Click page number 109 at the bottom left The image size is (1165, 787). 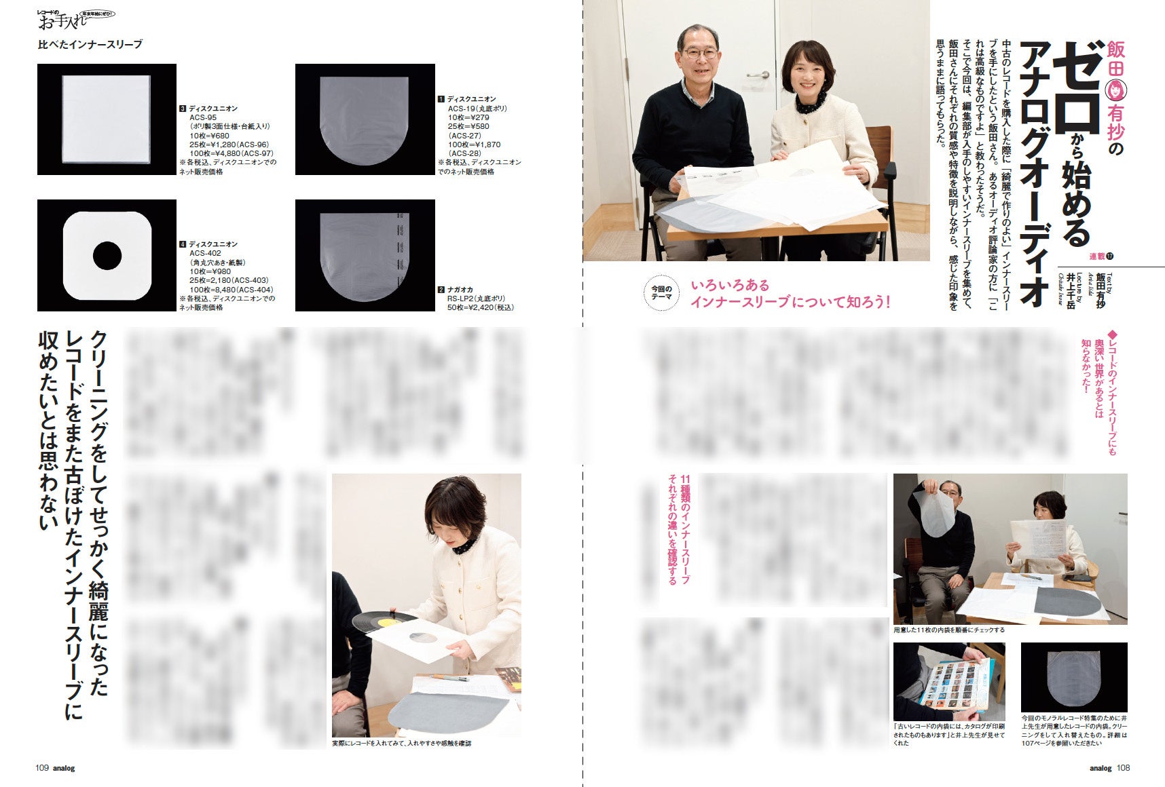coord(42,768)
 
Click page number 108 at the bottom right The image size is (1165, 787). coord(1124,768)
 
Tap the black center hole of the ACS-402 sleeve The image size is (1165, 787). coord(107,256)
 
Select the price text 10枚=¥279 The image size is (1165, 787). coord(468,117)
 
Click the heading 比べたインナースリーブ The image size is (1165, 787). coord(90,44)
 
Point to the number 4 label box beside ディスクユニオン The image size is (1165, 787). coord(183,244)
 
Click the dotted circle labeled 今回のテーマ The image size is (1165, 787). coord(661,293)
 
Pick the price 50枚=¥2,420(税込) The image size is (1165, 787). coord(480,307)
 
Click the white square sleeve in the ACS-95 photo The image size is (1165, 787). coord(107,119)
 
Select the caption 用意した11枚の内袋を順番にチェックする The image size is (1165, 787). coord(948,630)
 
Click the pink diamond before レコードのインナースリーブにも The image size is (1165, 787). coord(1111,334)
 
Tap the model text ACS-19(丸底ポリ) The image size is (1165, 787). coord(477,109)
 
